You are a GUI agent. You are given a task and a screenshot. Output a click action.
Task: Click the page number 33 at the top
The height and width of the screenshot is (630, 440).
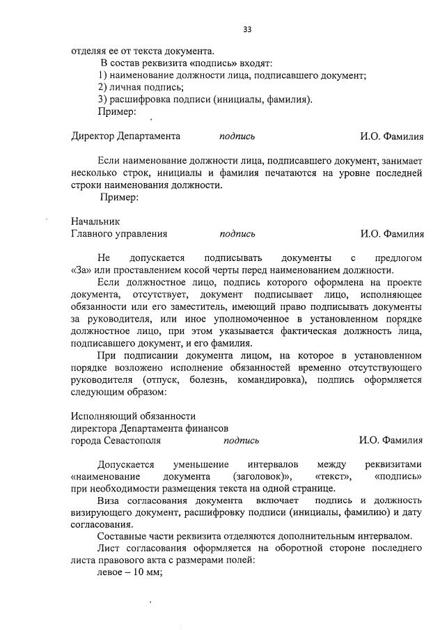247,29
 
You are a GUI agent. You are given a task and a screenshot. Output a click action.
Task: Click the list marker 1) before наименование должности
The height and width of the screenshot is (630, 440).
103,74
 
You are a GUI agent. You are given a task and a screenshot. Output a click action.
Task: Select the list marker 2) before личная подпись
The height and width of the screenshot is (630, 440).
103,87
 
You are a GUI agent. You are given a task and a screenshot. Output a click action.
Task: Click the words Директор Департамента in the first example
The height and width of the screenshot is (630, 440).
126,136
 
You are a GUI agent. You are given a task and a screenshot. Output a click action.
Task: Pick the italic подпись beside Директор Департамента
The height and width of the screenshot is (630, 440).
237,136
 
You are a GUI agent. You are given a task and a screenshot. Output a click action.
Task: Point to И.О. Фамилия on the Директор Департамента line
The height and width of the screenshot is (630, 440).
391,136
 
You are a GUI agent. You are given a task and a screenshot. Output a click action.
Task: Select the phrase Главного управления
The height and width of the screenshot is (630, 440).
119,234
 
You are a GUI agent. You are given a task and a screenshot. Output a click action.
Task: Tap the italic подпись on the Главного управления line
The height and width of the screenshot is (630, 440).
237,234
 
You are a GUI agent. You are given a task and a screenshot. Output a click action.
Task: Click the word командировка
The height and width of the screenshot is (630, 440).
274,380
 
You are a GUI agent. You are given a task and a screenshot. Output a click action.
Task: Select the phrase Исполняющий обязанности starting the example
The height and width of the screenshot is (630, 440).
133,416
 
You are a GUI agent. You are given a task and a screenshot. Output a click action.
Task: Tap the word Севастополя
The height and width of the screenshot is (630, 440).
132,440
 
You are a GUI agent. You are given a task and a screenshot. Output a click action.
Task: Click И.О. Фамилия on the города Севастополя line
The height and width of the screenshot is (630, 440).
391,440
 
